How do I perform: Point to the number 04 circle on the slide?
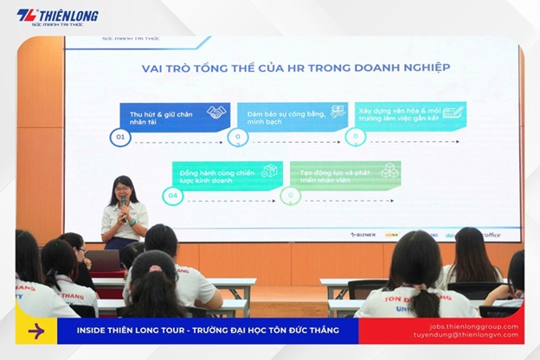tap(173, 196)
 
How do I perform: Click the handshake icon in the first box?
tap(215, 112)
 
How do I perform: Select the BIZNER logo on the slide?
tap(364, 235)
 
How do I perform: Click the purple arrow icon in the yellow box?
tap(35, 331)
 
